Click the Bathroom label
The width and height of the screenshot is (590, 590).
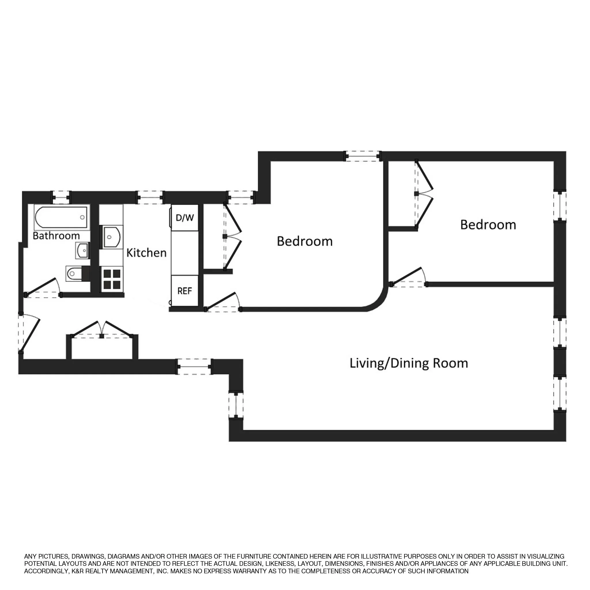(56, 236)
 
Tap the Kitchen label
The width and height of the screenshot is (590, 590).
(146, 253)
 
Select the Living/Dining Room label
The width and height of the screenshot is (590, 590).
(409, 363)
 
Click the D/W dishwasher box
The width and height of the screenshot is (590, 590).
(185, 218)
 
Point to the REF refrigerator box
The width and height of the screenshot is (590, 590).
(185, 291)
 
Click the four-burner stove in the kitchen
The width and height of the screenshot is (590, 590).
(111, 279)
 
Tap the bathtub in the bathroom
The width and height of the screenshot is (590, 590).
(61, 217)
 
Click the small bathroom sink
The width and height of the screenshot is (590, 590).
(82, 251)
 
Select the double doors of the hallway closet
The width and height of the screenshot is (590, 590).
(102, 330)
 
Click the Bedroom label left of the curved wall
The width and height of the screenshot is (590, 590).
(305, 241)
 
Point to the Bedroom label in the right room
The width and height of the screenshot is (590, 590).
(488, 225)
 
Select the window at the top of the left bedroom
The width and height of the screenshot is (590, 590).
(363, 156)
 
